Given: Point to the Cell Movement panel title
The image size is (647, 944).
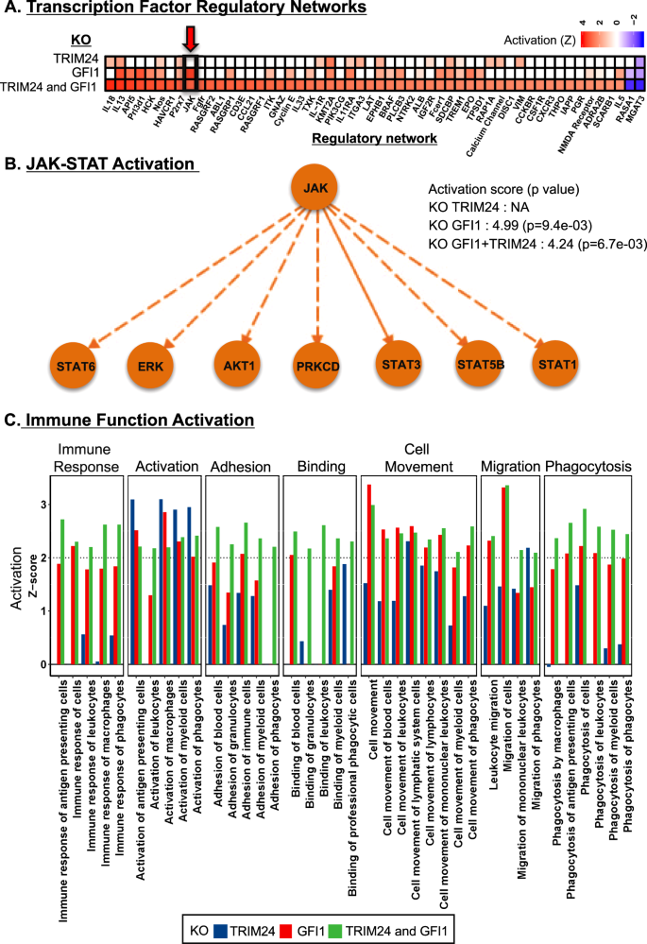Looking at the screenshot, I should coord(417,458).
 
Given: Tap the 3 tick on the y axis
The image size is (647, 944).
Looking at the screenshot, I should coord(43,505).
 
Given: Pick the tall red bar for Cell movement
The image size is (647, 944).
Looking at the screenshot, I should coord(368,575).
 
